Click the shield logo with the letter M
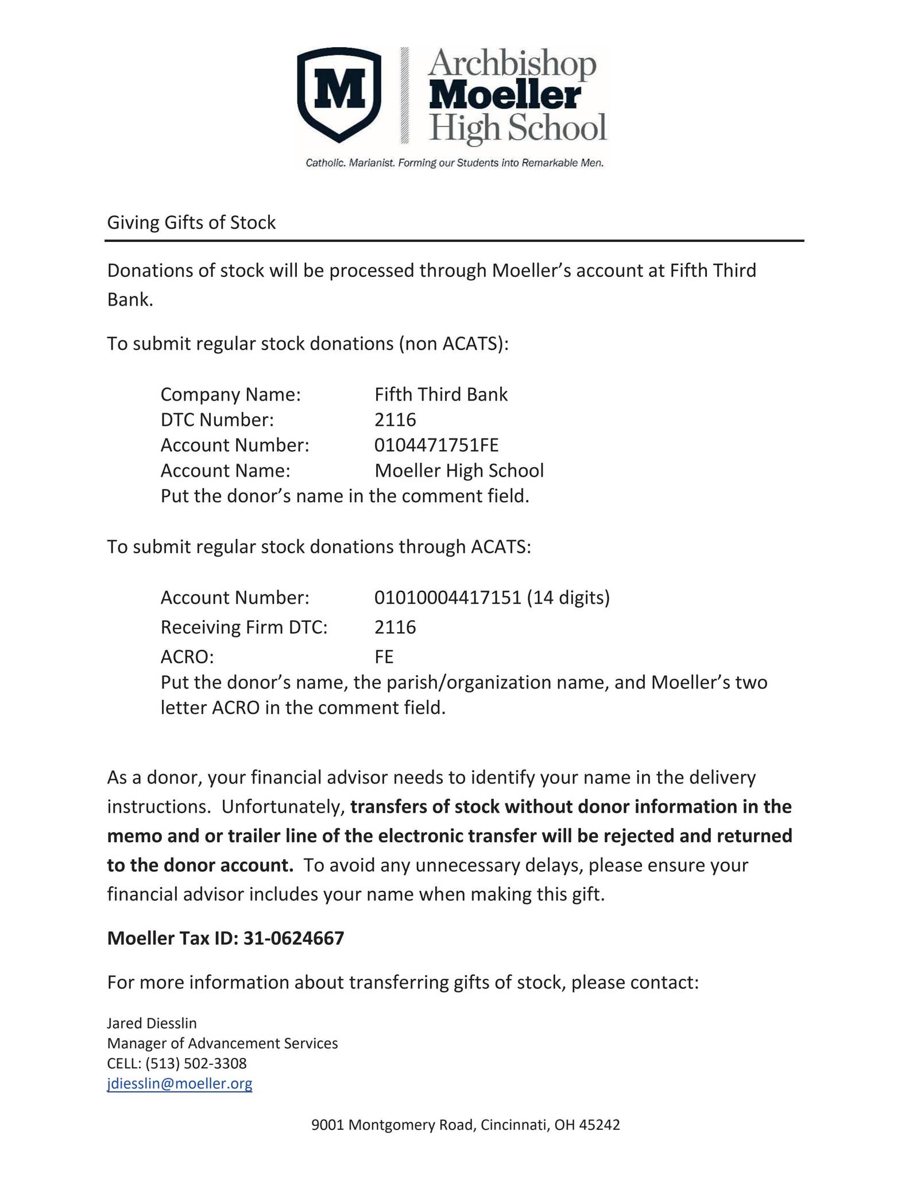[x=339, y=94]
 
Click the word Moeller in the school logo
[x=505, y=95]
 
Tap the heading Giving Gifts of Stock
[x=191, y=222]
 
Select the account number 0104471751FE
[x=436, y=445]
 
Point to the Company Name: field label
[x=231, y=394]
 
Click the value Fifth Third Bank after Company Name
[x=441, y=394]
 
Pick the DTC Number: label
[x=217, y=420]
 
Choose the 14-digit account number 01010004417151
[x=447, y=598]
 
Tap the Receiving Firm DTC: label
[x=244, y=626]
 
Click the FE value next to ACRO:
[x=384, y=656]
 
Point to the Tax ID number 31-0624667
[x=293, y=938]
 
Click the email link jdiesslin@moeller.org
[x=180, y=1083]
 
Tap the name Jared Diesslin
[x=152, y=1023]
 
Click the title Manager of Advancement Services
[x=222, y=1043]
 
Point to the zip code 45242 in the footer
[x=599, y=1125]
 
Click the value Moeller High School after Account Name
[x=459, y=470]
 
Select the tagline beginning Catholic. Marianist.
[x=454, y=163]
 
